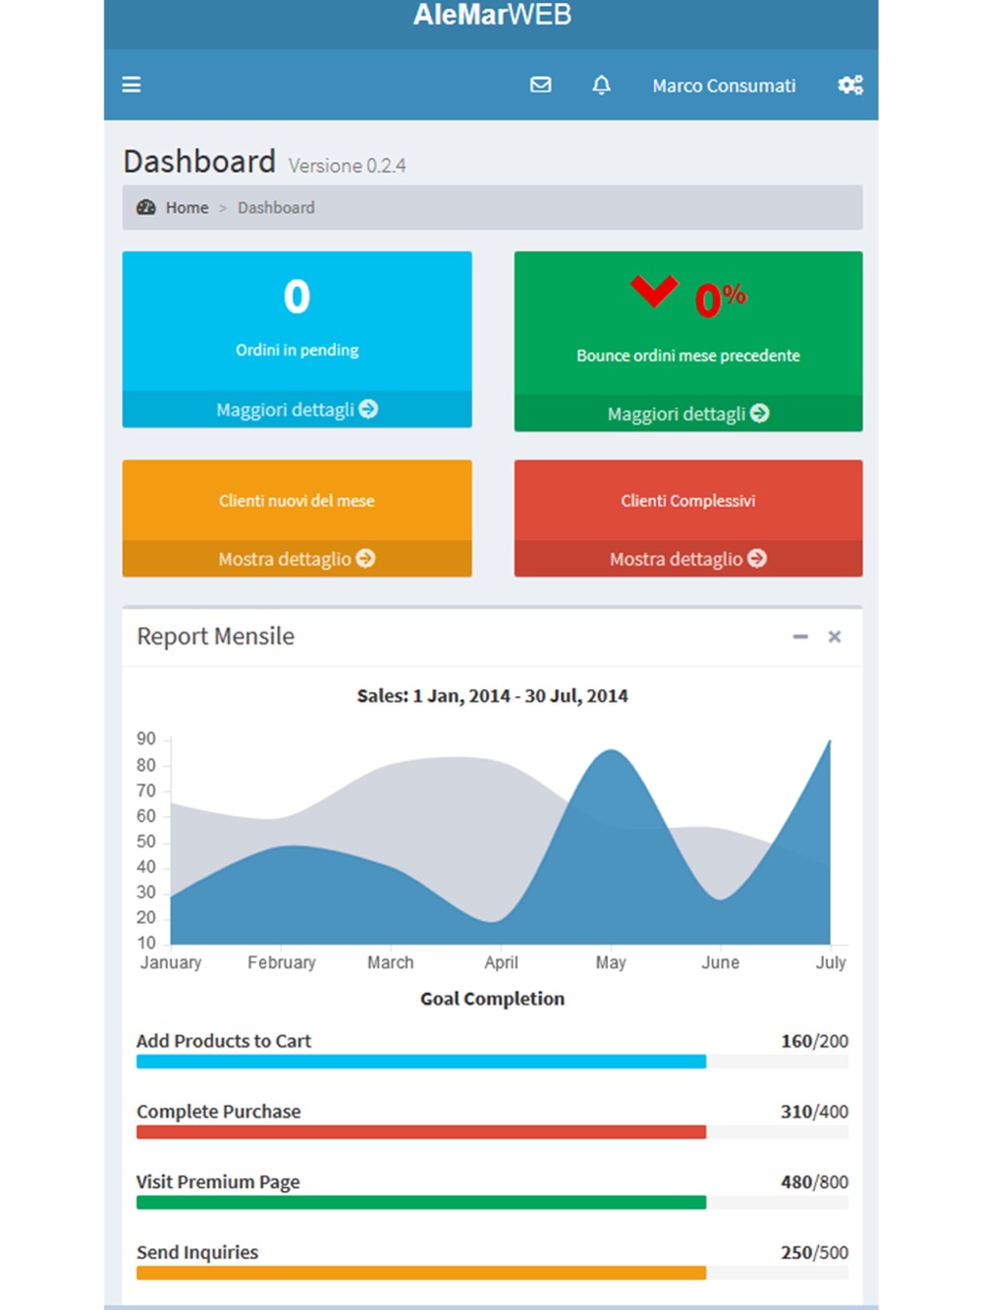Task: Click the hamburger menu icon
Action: point(132,85)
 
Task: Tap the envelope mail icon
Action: point(541,85)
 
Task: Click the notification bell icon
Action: point(601,85)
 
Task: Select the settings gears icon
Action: point(850,85)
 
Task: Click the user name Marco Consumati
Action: point(724,86)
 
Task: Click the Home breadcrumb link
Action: point(187,208)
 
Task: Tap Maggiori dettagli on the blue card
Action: point(297,409)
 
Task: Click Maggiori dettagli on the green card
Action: point(687,414)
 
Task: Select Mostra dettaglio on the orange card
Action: point(297,559)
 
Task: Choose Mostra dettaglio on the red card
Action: point(687,559)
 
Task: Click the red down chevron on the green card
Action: point(654,291)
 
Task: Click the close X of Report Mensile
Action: point(835,637)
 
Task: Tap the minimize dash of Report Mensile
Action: point(800,637)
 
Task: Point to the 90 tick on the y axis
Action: point(146,738)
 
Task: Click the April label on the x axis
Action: point(501,962)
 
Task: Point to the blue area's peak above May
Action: point(612,752)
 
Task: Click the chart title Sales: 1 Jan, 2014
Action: point(492,696)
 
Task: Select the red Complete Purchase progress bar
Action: point(420,1132)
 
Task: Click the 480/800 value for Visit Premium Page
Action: point(814,1182)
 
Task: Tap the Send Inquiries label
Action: point(197,1253)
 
